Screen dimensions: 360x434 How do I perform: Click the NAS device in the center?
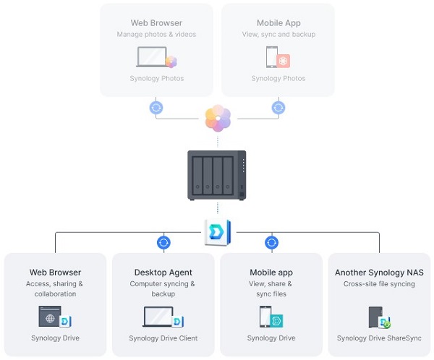pos(217,176)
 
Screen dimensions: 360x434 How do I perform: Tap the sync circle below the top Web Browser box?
pos(156,108)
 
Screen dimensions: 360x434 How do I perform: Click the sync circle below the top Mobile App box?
pos(278,108)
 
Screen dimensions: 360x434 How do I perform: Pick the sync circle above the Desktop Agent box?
pos(163,243)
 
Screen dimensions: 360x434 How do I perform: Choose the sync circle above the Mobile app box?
pos(272,243)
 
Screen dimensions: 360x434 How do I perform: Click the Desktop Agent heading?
pos(163,273)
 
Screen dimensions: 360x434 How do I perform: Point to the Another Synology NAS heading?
pos(379,273)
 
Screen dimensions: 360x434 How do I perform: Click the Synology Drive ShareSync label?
pos(379,338)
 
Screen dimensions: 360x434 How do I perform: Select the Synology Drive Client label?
pos(163,338)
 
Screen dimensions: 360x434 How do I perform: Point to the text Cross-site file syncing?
pos(379,284)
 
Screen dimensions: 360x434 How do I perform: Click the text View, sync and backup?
pos(278,35)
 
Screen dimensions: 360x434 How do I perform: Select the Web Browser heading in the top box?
pos(156,23)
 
